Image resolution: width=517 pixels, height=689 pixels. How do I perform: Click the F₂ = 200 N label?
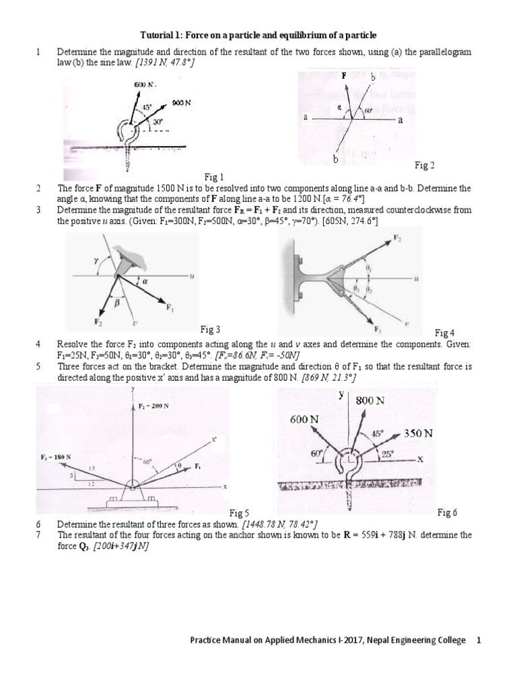tap(153, 406)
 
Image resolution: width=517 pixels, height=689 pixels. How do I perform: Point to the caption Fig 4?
tap(444, 332)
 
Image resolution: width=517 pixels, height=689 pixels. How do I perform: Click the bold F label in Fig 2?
tap(343, 77)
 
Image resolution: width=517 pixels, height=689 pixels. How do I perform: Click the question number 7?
tap(38, 535)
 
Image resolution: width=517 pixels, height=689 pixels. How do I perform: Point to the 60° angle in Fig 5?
tap(147, 462)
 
